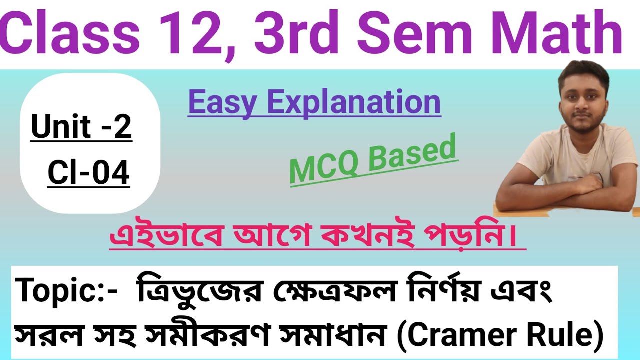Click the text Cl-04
click(x=88, y=173)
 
